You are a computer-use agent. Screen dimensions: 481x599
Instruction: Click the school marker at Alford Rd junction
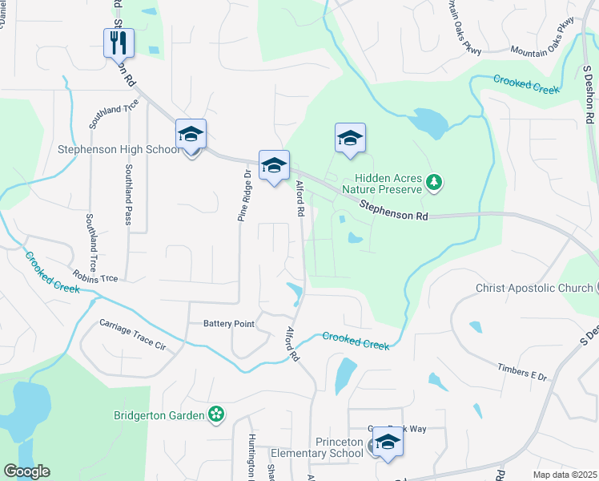(274, 166)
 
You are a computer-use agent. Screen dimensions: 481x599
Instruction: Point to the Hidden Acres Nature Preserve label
(387, 184)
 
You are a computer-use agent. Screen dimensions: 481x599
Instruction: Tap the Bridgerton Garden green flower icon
(215, 414)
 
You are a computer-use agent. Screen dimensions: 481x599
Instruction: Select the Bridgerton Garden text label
(159, 414)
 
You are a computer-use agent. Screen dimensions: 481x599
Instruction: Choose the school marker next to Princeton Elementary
(388, 443)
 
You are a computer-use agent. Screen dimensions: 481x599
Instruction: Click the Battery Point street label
(228, 324)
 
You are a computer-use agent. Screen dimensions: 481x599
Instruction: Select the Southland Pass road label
(127, 194)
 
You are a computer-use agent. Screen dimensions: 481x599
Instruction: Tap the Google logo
(26, 471)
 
